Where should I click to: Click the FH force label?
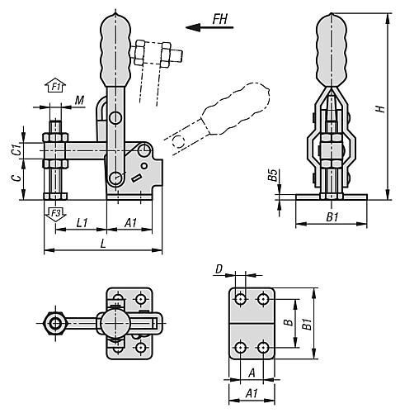tap(220, 19)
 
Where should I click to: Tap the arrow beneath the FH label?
tap(209, 27)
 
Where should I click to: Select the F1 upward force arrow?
tap(55, 86)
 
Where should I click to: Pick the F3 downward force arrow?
tap(55, 214)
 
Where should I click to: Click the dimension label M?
tap(79, 101)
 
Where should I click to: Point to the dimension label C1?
tap(17, 150)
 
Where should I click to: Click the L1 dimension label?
tap(82, 222)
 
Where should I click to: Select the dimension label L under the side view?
tap(103, 244)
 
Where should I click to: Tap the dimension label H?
tap(380, 108)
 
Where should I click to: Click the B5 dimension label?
tap(272, 175)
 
